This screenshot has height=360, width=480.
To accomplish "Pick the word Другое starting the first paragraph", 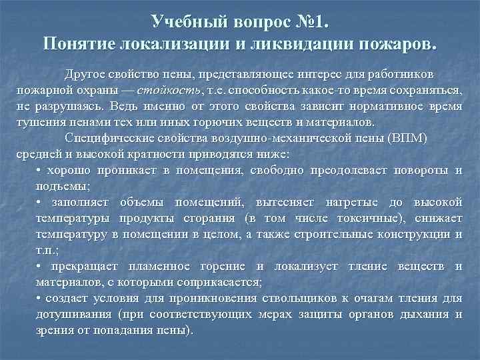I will (85, 74).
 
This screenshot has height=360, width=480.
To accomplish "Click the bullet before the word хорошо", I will (39, 171).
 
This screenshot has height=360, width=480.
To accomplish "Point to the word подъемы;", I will (62, 187).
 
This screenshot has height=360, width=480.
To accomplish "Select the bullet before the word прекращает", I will (39, 267).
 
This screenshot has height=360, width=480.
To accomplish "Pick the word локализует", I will (310, 267).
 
